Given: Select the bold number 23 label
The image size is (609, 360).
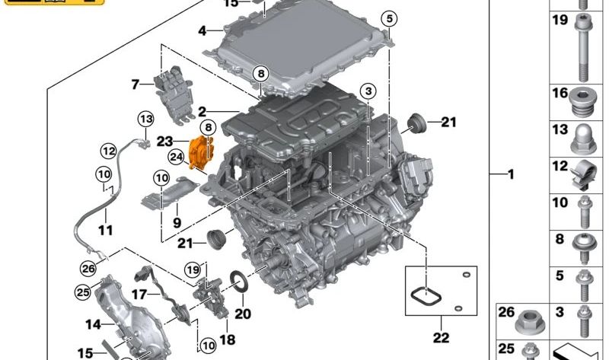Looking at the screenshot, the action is coord(164,142).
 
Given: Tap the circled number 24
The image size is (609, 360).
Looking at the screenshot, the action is coord(176,158).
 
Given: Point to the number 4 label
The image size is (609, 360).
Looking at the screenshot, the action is coord(202,30).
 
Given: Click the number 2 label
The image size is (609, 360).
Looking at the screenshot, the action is coord(202,112).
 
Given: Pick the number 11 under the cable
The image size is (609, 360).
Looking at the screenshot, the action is coord(105,230).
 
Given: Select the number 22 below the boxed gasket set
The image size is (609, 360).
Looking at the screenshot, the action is coord(441,338).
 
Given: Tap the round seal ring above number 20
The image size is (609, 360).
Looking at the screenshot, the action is coord(239,282).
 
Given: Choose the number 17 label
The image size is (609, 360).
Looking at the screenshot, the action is coord(139,295).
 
